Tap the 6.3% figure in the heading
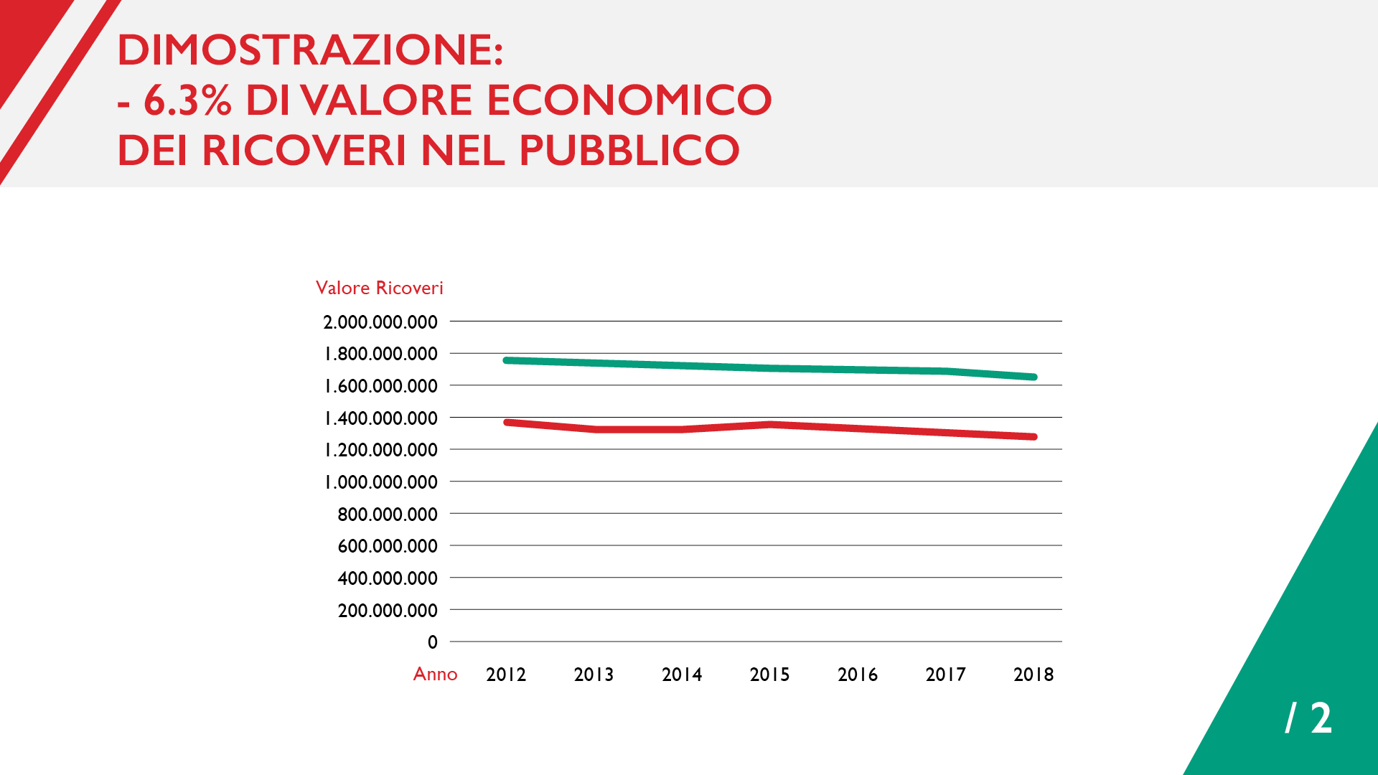(188, 100)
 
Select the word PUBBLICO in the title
(629, 151)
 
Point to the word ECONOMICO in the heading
(629, 100)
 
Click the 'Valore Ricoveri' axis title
(379, 288)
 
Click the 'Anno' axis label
(435, 674)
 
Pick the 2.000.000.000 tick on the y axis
(380, 322)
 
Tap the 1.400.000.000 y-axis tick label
(380, 418)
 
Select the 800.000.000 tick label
(388, 515)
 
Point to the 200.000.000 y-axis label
(388, 611)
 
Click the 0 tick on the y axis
(432, 642)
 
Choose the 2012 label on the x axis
(506, 675)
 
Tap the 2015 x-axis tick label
(769, 675)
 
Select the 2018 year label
(1033, 675)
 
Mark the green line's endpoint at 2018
(1033, 377)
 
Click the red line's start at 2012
(507, 422)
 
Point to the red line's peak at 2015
(770, 424)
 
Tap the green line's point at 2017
(946, 371)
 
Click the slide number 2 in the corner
(1321, 718)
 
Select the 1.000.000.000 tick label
(380, 482)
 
